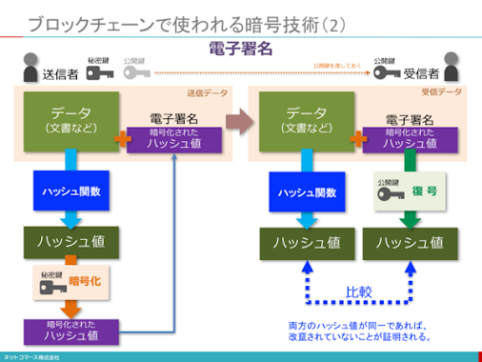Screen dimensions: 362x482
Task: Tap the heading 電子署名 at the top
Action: pyautogui.click(x=240, y=48)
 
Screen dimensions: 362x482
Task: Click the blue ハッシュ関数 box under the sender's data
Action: pyautogui.click(x=70, y=191)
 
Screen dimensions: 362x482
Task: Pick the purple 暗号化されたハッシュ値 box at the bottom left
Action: pyautogui.click(x=72, y=331)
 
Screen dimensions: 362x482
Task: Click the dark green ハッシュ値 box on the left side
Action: pyautogui.click(x=70, y=242)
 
